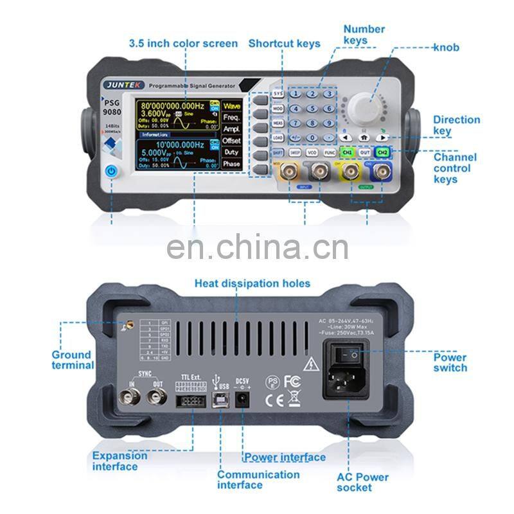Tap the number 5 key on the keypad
click(x=312, y=109)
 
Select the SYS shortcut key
click(x=278, y=94)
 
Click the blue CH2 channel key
click(x=382, y=152)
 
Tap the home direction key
click(x=364, y=137)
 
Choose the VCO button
click(x=312, y=153)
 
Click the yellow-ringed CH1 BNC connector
click(x=350, y=172)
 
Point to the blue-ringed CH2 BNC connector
click(x=384, y=172)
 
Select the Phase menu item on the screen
click(x=231, y=164)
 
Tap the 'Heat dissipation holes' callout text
click(x=253, y=283)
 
